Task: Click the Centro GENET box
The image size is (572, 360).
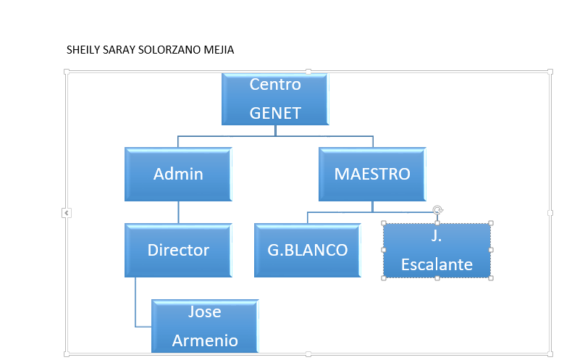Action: point(275,99)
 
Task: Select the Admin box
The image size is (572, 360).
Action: point(178,174)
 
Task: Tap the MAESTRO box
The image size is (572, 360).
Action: point(372,174)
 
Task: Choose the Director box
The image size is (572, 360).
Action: point(178,250)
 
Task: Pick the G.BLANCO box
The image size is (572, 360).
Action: point(308,250)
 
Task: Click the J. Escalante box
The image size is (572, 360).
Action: point(437,251)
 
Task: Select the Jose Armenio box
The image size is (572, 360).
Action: point(205,326)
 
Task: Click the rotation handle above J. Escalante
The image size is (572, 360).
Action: point(437,210)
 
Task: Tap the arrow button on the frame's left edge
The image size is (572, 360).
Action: point(67,213)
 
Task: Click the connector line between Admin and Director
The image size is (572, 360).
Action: point(178,212)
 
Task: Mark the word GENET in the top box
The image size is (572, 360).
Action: point(275,113)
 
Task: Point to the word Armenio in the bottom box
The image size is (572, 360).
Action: point(205,340)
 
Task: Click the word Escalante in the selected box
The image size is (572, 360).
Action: point(437,264)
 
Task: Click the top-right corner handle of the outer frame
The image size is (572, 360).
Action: point(550,72)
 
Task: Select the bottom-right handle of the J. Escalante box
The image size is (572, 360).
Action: point(491,278)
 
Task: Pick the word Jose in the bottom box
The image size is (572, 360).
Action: point(205,311)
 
